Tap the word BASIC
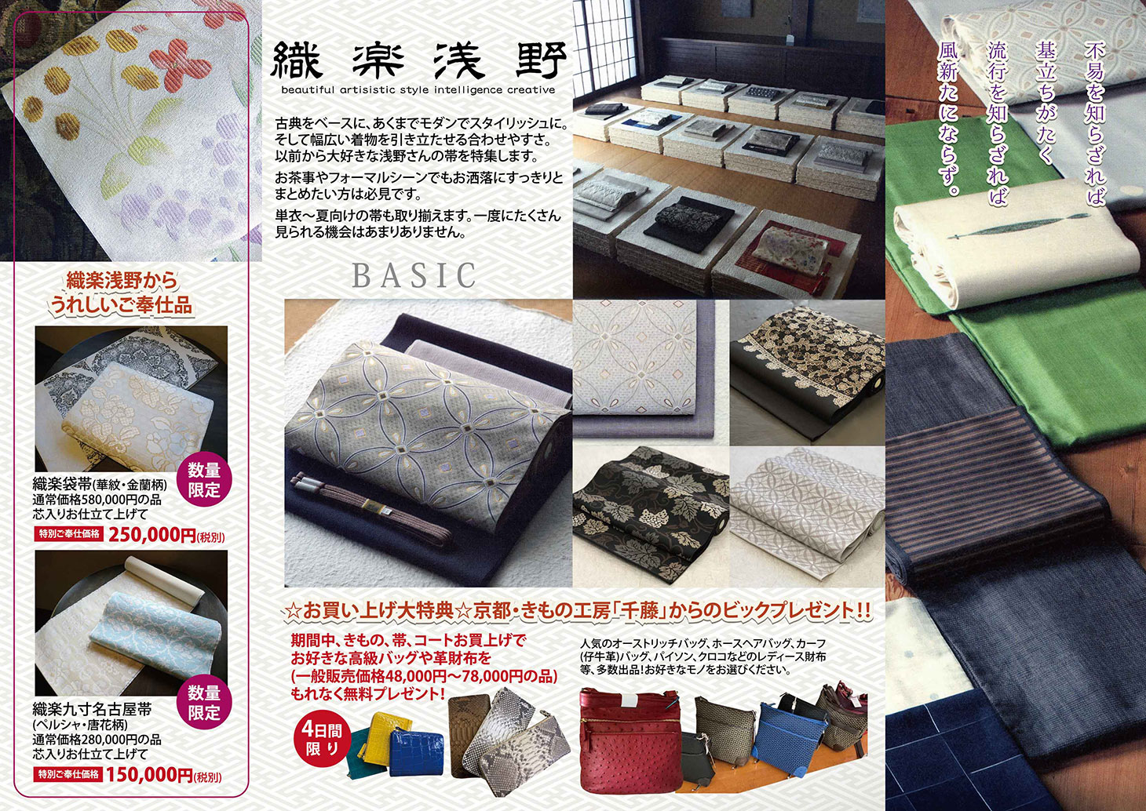[414, 275]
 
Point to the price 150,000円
[149, 775]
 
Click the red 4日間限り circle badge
[321, 738]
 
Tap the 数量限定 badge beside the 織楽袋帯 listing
[203, 480]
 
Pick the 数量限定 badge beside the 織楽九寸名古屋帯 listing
[203, 703]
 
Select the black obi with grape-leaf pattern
[648, 516]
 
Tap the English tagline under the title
[418, 90]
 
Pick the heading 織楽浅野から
[122, 281]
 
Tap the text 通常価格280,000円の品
[97, 740]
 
